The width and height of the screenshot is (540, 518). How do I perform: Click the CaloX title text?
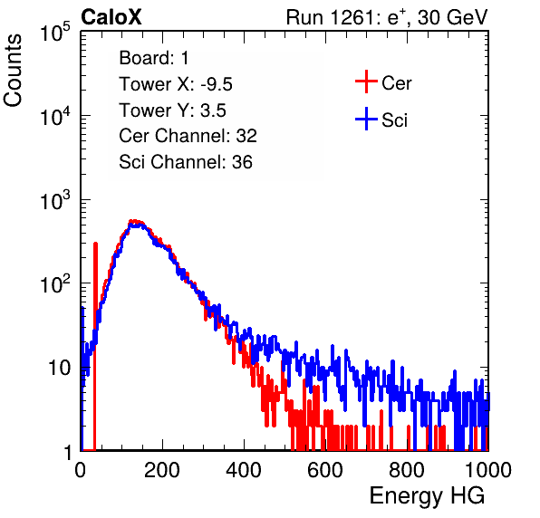tap(111, 17)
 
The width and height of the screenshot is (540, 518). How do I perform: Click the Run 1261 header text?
tap(387, 17)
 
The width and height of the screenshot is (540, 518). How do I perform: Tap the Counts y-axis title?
tap(13, 71)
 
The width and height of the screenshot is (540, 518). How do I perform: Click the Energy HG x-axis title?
tap(427, 496)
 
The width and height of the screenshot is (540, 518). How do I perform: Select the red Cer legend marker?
tap(366, 82)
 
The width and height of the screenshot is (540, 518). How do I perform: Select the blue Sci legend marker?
tap(366, 120)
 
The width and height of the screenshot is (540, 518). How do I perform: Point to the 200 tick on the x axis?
tap(162, 470)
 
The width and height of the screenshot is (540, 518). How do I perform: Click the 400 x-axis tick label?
tap(244, 470)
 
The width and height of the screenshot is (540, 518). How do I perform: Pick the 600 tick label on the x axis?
tap(325, 470)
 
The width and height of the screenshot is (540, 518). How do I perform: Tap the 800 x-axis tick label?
tap(407, 470)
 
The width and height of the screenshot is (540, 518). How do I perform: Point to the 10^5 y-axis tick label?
tap(55, 32)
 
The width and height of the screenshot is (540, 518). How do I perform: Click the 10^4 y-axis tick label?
tap(55, 115)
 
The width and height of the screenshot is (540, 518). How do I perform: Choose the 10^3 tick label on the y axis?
tap(55, 199)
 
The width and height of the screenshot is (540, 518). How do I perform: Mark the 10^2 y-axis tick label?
tap(55, 283)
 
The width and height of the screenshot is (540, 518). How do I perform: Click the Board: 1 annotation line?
tap(154, 58)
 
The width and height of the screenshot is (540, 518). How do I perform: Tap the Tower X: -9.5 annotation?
tap(176, 84)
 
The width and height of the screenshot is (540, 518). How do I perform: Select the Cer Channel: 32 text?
tap(188, 136)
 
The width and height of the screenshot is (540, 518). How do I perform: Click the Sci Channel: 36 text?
tap(186, 162)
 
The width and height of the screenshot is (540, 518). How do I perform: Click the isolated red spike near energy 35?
tap(95, 346)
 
